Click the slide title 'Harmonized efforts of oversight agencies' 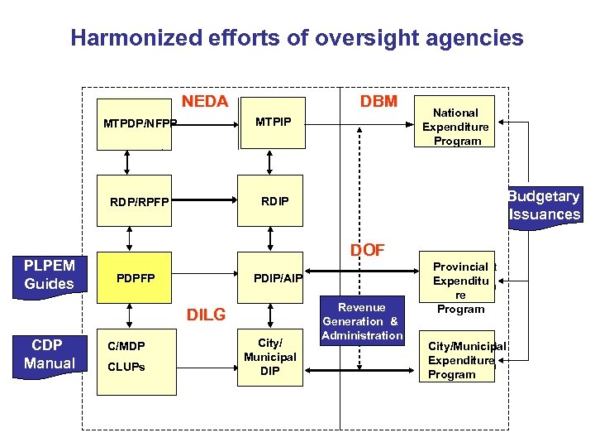point(297,38)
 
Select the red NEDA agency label point(204,102)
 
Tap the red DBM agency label point(378,102)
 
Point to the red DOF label point(367,250)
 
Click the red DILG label point(206,315)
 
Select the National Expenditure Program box point(455,126)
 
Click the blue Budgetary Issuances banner point(544,205)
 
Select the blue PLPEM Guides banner point(49,275)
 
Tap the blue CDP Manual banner point(49,354)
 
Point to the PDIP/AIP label point(278,277)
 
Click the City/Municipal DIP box point(269,357)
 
